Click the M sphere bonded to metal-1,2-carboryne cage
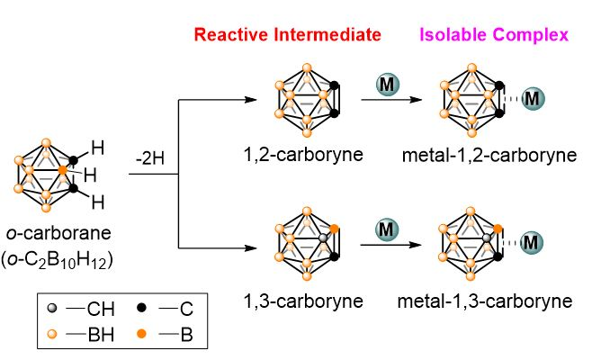[x=533, y=97]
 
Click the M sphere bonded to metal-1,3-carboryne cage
[x=533, y=242]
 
